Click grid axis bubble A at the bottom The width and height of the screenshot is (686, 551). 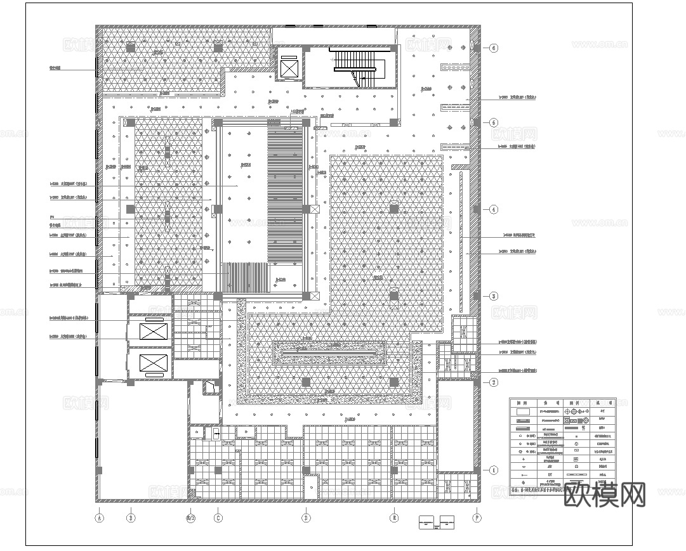pyautogui.click(x=98, y=517)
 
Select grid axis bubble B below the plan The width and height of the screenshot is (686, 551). pyautogui.click(x=130, y=517)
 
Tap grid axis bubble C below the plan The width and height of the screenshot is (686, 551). pyautogui.click(x=218, y=517)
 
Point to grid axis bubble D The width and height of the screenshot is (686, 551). pyautogui.click(x=306, y=517)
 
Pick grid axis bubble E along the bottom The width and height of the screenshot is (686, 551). pyautogui.click(x=394, y=517)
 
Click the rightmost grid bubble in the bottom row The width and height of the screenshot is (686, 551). pyautogui.click(x=477, y=517)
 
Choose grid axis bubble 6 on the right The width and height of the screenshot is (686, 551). pyautogui.click(x=494, y=48)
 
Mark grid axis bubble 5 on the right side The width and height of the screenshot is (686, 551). pyautogui.click(x=494, y=122)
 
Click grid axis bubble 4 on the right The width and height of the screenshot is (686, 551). pyautogui.click(x=494, y=209)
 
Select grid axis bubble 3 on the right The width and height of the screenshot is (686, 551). pyautogui.click(x=494, y=296)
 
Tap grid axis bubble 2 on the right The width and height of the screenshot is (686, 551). pyautogui.click(x=494, y=382)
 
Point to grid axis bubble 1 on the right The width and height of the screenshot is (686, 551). pyautogui.click(x=494, y=470)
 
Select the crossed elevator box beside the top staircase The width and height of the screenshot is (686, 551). pyautogui.click(x=289, y=68)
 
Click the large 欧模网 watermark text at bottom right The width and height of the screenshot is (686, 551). pyautogui.click(x=604, y=495)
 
